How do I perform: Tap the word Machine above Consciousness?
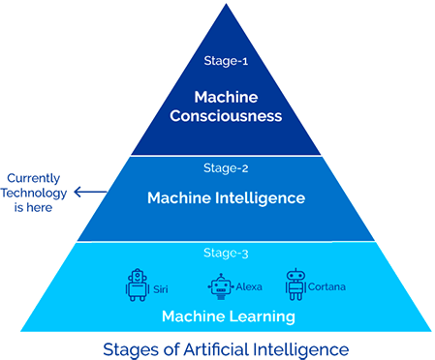coord(225,98)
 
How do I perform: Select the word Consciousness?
coord(225,116)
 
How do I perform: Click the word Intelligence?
coord(260,198)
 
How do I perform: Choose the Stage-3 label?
coord(225,254)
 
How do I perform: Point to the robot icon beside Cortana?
coord(295,284)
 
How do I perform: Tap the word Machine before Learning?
coord(188,316)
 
